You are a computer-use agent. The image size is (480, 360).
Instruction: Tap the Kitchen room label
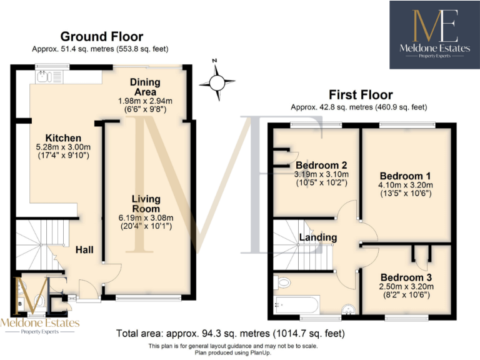[x=63, y=138]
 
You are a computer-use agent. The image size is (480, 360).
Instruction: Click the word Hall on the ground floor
[x=84, y=250]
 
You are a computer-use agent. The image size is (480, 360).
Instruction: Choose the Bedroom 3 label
[x=406, y=277]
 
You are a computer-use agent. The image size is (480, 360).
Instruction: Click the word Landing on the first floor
[x=317, y=237]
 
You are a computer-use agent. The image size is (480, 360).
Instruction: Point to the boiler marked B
[x=20, y=304]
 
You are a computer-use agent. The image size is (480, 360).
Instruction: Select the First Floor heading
[x=361, y=95]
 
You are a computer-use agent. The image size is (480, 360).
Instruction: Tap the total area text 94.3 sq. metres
[x=231, y=334]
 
